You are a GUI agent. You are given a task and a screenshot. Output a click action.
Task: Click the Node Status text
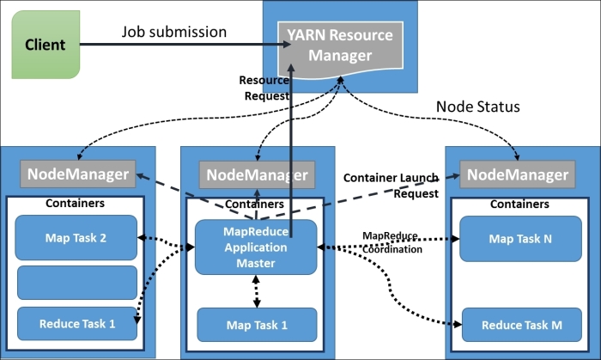tap(478, 107)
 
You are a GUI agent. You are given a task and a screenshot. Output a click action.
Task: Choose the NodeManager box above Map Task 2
tap(79, 174)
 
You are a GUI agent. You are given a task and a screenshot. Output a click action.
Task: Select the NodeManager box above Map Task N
tap(514, 174)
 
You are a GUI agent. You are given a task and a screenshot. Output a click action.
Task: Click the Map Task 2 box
tap(77, 237)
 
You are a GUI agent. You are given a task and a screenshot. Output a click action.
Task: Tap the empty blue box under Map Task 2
tap(77, 282)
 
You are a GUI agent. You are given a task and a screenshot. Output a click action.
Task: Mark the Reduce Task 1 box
tap(77, 323)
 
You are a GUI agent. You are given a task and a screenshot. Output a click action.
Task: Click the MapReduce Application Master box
tap(255, 247)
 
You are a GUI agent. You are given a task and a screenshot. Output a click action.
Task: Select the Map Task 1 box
tap(257, 325)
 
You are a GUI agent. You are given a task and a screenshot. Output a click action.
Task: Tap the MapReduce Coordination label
tap(392, 242)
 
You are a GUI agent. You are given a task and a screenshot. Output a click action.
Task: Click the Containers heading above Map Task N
tap(519, 204)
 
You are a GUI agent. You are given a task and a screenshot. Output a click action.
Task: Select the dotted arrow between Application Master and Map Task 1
tap(257, 291)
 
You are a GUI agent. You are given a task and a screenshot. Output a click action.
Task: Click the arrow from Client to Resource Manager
tap(172, 44)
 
